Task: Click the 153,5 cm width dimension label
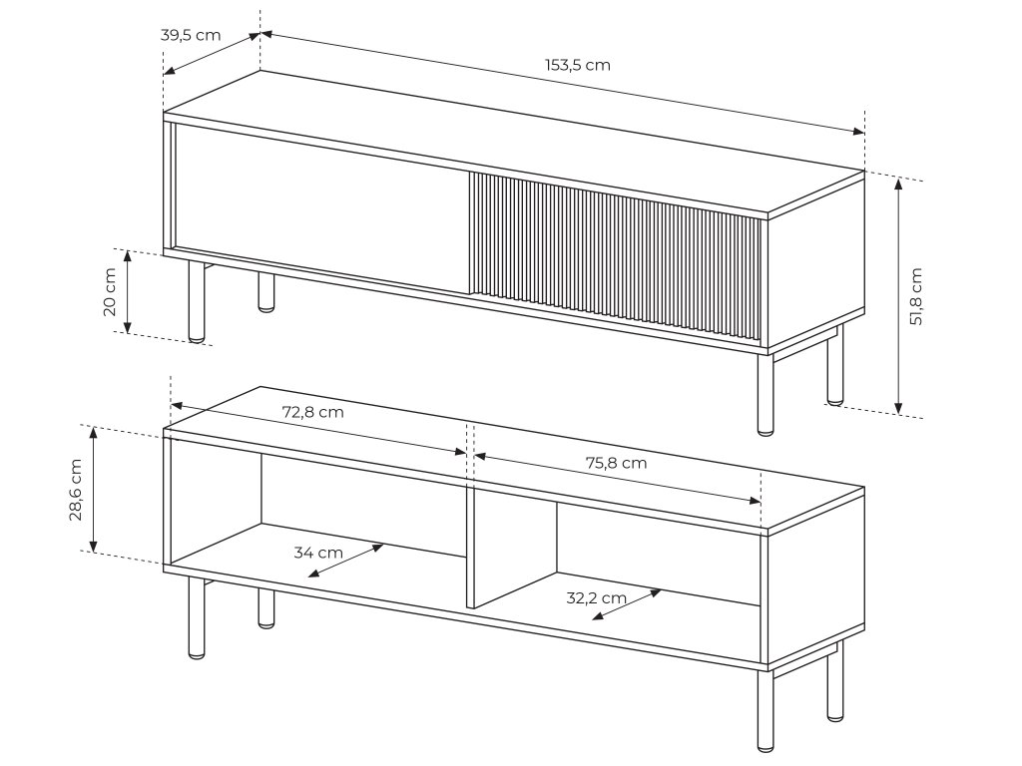pyautogui.click(x=578, y=65)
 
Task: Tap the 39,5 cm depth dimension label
pyautogui.click(x=191, y=35)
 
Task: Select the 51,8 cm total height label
pyautogui.click(x=916, y=296)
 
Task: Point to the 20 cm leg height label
pyautogui.click(x=110, y=292)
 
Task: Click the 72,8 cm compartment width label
pyautogui.click(x=312, y=412)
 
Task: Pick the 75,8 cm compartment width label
pyautogui.click(x=616, y=463)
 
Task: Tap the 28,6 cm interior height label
pyautogui.click(x=76, y=490)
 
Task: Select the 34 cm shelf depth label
pyautogui.click(x=318, y=553)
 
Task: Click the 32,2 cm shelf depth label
pyautogui.click(x=597, y=598)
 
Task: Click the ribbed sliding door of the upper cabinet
pyautogui.click(x=615, y=256)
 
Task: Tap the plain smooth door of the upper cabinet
pyautogui.click(x=322, y=208)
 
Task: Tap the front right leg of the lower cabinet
pyautogui.click(x=766, y=710)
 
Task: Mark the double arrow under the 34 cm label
pyautogui.click(x=345, y=561)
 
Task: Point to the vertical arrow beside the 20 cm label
pyautogui.click(x=129, y=291)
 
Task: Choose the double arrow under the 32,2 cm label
pyautogui.click(x=627, y=604)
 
